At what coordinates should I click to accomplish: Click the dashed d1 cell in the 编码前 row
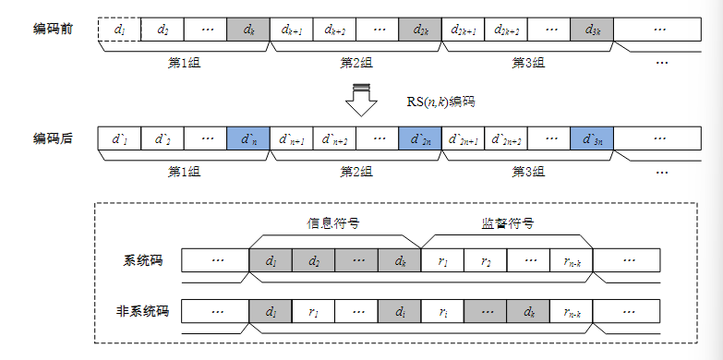[x=119, y=30]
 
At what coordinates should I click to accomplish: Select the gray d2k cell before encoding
[x=421, y=30]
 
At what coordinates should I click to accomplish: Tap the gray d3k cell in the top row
[x=592, y=30]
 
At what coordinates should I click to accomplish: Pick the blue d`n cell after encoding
[x=248, y=139]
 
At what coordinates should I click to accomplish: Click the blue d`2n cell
[x=421, y=139]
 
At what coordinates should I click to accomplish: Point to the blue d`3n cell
[x=592, y=139]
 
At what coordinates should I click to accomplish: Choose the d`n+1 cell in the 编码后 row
[x=292, y=139]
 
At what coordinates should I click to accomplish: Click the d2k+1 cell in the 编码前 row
[x=464, y=30]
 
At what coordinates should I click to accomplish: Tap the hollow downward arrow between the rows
[x=361, y=99]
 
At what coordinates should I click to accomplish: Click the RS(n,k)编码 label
[x=441, y=100]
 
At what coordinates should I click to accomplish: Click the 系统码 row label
[x=143, y=261]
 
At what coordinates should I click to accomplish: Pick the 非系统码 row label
[x=137, y=310]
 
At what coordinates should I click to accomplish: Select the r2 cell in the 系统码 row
[x=486, y=261]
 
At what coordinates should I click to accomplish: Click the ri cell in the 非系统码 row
[x=443, y=310]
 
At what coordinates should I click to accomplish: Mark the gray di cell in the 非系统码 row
[x=399, y=310]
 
